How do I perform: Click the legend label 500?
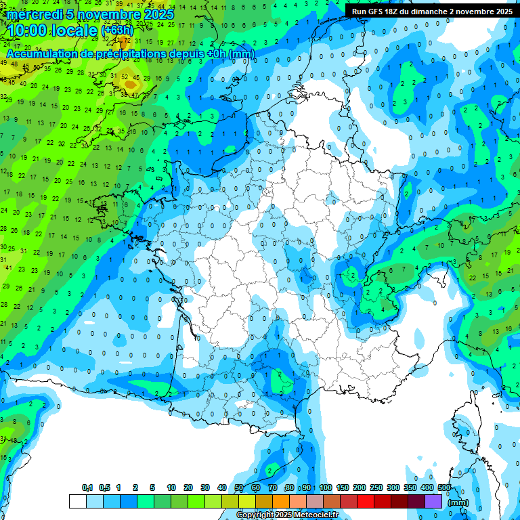click(444, 487)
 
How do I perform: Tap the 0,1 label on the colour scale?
click(87, 487)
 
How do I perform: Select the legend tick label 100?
click(326, 487)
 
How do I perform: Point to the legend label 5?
click(153, 487)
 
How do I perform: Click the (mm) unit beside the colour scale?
click(458, 502)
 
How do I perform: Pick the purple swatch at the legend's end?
click(433, 502)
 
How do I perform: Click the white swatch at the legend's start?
click(77, 502)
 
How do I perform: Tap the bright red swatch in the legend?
click(366, 502)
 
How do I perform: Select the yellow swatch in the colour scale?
click(246, 502)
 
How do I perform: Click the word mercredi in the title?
click(35, 14)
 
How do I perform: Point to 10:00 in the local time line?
click(28, 30)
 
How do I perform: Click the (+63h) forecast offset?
click(117, 30)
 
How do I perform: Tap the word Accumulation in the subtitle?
click(42, 53)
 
